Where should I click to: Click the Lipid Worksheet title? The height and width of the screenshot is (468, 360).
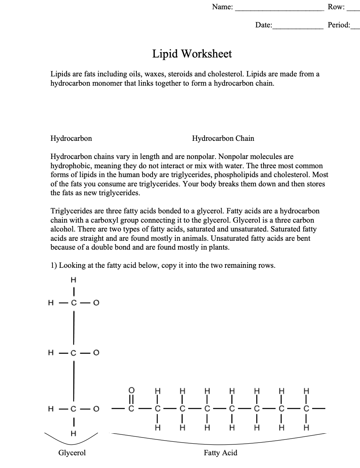click(192, 54)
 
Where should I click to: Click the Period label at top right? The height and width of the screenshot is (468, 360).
click(338, 25)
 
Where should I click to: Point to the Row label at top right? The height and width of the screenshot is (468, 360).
click(336, 7)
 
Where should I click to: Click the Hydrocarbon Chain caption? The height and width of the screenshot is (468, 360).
click(223, 139)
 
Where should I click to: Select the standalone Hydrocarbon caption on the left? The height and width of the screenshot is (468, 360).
click(71, 139)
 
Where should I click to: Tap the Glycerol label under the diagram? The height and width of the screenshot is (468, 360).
click(72, 453)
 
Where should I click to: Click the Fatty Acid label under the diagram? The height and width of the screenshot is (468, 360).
click(220, 453)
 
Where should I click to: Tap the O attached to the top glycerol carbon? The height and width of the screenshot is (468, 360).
click(96, 303)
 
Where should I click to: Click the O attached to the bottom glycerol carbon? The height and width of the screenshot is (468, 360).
click(96, 408)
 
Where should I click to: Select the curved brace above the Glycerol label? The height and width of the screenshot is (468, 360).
click(72, 439)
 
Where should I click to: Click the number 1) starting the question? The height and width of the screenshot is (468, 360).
click(54, 265)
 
